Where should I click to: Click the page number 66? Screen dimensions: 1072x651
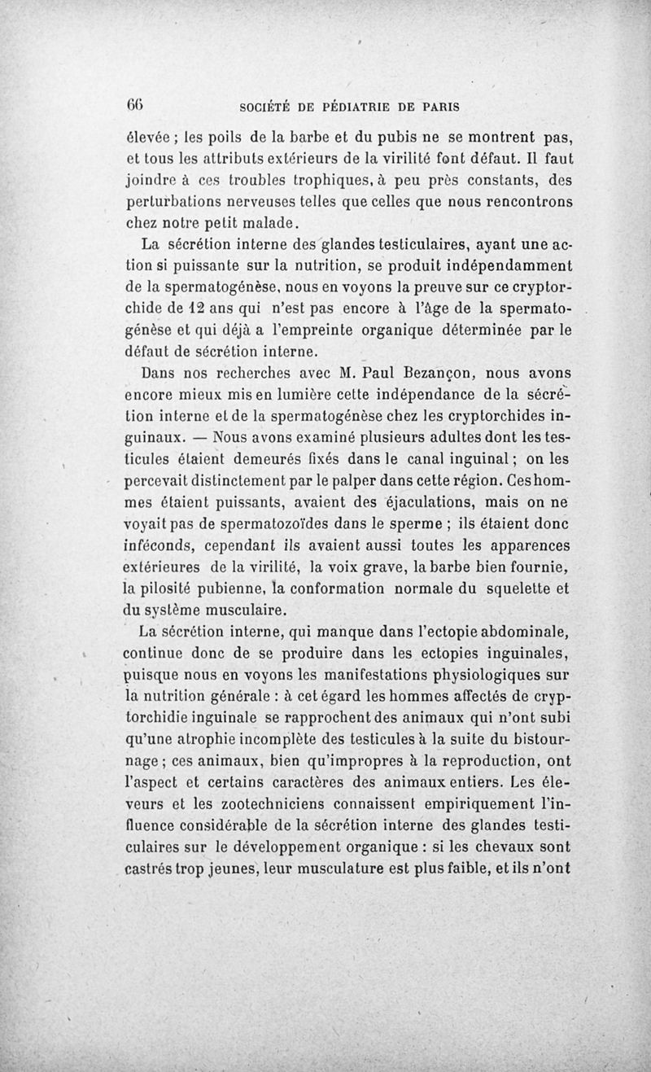[x=134, y=106]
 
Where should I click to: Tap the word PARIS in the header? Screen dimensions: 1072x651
[x=435, y=107]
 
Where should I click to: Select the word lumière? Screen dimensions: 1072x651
[x=309, y=397]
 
